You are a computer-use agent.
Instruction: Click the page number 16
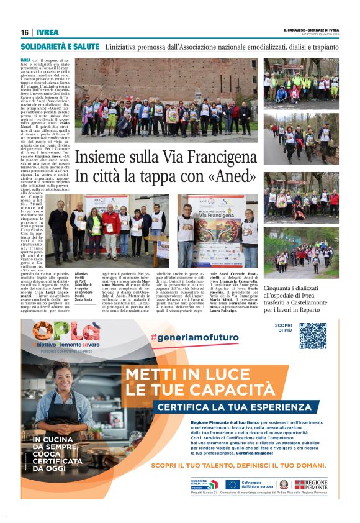[x=24, y=32]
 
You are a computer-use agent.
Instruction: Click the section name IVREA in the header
[x=47, y=32]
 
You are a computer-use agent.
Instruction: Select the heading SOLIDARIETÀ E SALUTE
[x=60, y=47]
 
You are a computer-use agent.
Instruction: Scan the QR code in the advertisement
[x=313, y=335]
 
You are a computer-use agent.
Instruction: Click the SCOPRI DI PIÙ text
[x=283, y=327]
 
